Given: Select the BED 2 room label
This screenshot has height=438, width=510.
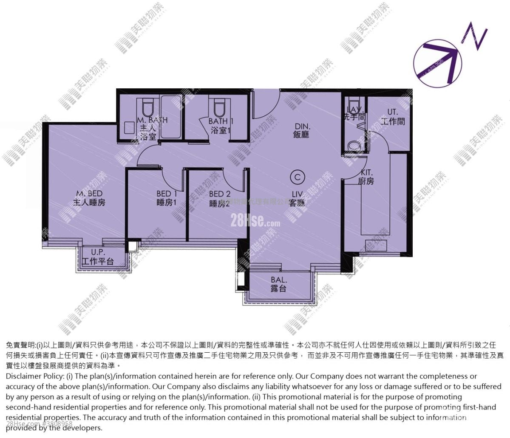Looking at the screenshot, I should point(220,199).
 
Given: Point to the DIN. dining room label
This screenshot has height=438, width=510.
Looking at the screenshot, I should point(303,130).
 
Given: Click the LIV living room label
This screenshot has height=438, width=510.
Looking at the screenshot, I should point(297,198).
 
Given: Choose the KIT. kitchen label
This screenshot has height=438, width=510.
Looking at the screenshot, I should point(366,177).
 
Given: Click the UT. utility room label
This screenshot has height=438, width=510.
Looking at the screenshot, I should point(393,117).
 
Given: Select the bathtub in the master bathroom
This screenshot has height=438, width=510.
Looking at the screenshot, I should point(171,116).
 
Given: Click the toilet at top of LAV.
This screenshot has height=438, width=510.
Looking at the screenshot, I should point(353,104).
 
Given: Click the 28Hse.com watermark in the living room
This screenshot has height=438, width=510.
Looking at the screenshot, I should point(255,221).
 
